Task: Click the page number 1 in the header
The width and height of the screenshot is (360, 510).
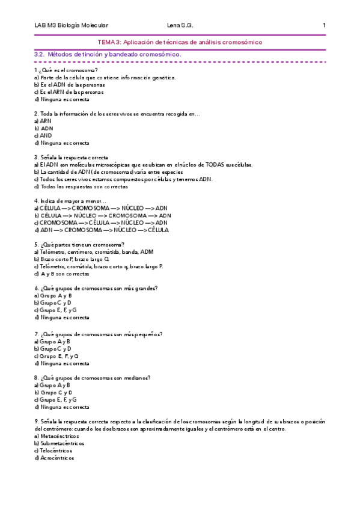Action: [324, 25]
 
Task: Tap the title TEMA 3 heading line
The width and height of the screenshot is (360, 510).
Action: [180, 42]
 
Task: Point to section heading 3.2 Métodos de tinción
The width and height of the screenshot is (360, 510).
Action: [108, 54]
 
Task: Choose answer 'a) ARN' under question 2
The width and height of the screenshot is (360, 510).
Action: [43, 121]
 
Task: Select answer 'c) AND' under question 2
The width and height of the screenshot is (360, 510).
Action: [43, 136]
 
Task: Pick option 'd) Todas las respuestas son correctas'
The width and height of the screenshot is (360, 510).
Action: [81, 186]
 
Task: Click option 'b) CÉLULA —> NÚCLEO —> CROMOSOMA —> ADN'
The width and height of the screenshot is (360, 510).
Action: [102, 215]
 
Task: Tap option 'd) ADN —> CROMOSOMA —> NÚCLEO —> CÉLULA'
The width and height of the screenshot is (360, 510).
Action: [102, 230]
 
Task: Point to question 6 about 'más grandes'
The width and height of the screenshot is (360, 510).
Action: [96, 288]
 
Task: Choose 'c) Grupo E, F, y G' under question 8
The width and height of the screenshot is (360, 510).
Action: [56, 399]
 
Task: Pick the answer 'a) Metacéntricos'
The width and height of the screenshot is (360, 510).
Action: [56, 436]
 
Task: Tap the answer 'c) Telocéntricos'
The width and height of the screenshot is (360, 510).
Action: [53, 450]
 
